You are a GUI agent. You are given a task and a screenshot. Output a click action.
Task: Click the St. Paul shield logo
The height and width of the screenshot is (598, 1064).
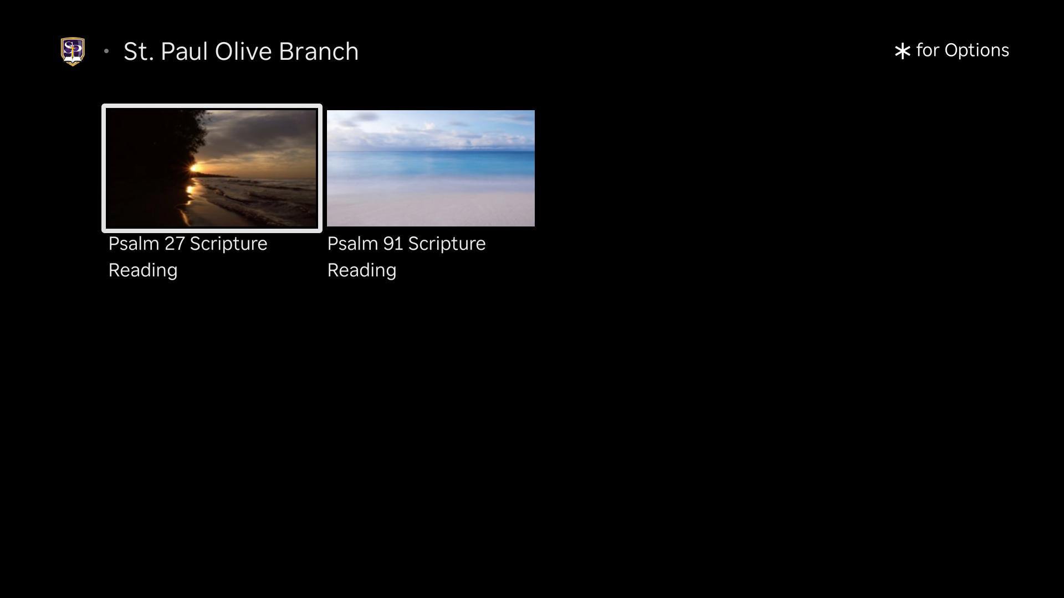(x=73, y=51)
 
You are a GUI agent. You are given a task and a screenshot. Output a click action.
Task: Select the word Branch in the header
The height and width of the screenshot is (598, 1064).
(x=319, y=51)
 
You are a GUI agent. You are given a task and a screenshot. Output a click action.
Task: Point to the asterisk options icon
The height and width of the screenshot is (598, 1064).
(x=902, y=51)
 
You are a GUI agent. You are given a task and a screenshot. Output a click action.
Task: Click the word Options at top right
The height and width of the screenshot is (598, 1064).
(x=976, y=51)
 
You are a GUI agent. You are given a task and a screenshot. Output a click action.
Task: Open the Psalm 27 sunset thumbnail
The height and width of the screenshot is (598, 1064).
(x=212, y=168)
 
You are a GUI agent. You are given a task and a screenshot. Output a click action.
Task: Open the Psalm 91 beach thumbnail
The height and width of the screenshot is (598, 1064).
(x=431, y=168)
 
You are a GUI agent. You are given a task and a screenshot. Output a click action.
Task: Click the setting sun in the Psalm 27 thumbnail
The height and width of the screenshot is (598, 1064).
(x=195, y=168)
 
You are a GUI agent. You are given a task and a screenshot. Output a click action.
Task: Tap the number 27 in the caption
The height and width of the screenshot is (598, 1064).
(x=175, y=244)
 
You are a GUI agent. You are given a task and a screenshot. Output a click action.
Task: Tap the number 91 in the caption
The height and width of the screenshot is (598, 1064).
(x=393, y=244)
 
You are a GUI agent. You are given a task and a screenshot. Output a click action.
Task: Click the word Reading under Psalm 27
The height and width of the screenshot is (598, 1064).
(x=143, y=271)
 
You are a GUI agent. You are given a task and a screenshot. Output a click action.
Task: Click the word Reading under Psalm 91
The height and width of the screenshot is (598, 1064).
(x=362, y=271)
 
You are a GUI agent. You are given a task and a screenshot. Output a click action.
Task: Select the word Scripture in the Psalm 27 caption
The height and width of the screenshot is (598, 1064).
(x=229, y=244)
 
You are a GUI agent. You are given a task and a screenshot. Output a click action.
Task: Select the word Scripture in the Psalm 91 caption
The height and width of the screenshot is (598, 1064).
(x=447, y=244)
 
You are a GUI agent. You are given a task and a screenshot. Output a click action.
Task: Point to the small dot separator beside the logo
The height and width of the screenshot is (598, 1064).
(x=106, y=51)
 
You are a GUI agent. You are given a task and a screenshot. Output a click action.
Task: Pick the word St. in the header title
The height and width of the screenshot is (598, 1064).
(x=139, y=51)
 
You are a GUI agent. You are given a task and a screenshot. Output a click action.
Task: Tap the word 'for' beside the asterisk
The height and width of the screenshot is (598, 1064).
(x=928, y=50)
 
